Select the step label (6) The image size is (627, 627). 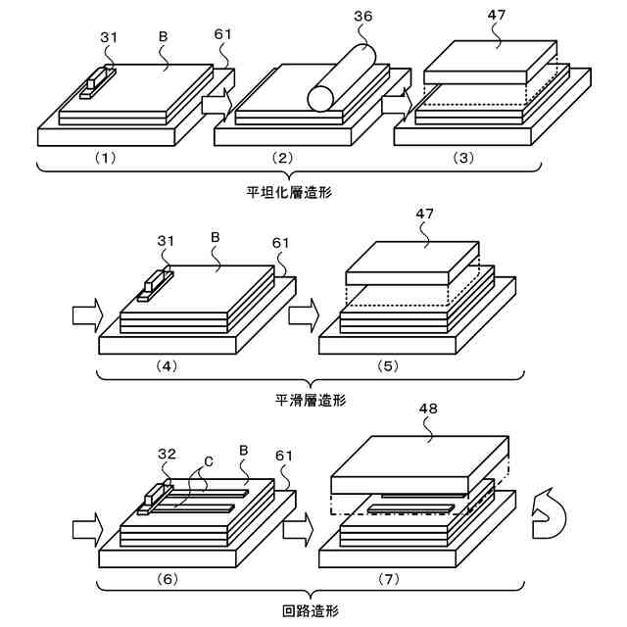(168, 579)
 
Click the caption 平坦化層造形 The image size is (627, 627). (289, 191)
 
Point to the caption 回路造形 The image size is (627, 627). (310, 611)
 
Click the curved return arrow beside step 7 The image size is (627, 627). (545, 515)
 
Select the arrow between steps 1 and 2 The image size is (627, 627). (215, 100)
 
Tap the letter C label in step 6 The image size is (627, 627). (209, 458)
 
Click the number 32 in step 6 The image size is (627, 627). (167, 455)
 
